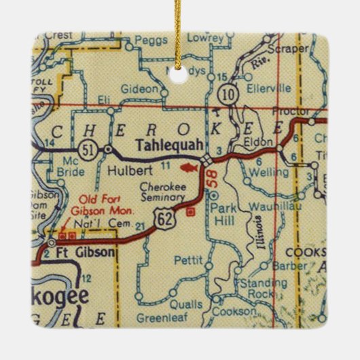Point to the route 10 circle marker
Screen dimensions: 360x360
(x=233, y=94)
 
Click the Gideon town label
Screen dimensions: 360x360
(x=139, y=88)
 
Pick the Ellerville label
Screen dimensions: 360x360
(x=270, y=88)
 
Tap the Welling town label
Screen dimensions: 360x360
(x=266, y=172)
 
